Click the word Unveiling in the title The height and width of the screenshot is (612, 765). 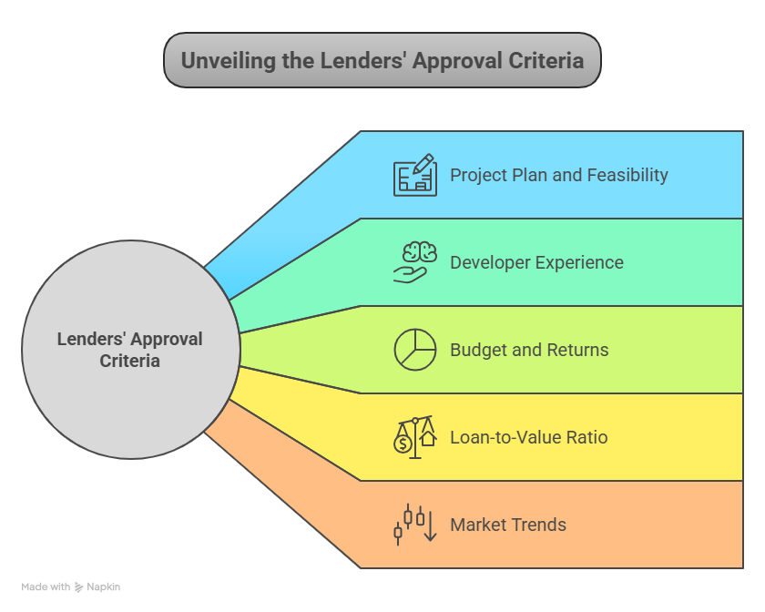pyautogui.click(x=224, y=61)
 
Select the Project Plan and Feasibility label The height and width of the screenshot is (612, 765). pyautogui.click(x=559, y=175)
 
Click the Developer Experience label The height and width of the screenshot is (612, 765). pyautogui.click(x=536, y=262)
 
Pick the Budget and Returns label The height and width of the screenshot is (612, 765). pyautogui.click(x=529, y=350)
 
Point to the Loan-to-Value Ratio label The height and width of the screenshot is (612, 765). pyautogui.click(x=528, y=437)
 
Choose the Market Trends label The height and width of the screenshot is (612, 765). pyautogui.click(x=508, y=525)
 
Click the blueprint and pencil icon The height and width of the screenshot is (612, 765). pyautogui.click(x=414, y=175)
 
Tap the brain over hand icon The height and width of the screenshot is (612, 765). pyautogui.click(x=414, y=262)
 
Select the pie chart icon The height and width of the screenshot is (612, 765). pyautogui.click(x=414, y=350)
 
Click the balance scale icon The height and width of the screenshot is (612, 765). pyautogui.click(x=414, y=437)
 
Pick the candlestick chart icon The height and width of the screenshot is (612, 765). pyautogui.click(x=414, y=525)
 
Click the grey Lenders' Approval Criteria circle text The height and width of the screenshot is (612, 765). pyautogui.click(x=130, y=350)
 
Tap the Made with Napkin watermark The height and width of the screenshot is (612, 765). pyautogui.click(x=70, y=587)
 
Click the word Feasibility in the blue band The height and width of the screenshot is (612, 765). pyautogui.click(x=623, y=175)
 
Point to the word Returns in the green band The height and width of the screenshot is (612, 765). pyautogui.click(x=577, y=350)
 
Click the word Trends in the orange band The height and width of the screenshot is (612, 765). pyautogui.click(x=537, y=525)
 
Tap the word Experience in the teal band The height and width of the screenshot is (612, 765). pyautogui.click(x=578, y=262)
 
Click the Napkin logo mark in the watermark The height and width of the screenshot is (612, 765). pyautogui.click(x=79, y=587)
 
